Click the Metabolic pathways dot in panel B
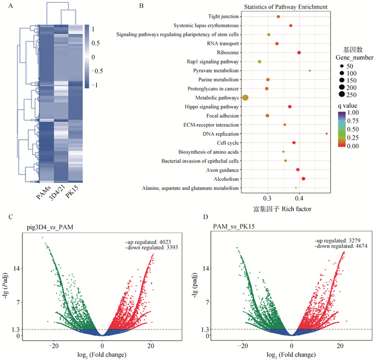pos(245,97)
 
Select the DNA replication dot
pos(326,133)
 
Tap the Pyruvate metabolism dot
pos(309,70)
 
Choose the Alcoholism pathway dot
pos(303,179)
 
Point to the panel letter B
pos(141,6)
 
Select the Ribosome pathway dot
pos(299,52)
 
